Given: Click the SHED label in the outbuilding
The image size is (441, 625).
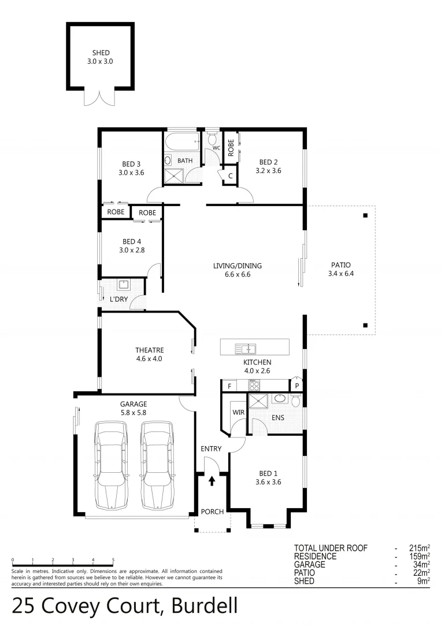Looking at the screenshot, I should coord(101,53).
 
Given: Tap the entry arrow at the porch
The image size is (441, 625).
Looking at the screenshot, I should coord(212,480).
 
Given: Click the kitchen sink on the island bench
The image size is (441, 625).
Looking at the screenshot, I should coord(246,348).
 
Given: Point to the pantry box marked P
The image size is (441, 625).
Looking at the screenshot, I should coord(297,385).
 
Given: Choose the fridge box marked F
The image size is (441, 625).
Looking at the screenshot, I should coord(229,385).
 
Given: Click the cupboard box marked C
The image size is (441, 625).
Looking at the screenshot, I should coord(230,176).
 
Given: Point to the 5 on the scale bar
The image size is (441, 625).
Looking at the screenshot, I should coord(113,560).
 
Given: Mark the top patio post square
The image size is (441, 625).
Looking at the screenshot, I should coord(365,216).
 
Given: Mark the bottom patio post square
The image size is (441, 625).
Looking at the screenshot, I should coord(365,325).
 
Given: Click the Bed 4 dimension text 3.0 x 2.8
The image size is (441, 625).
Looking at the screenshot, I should coord(132,250).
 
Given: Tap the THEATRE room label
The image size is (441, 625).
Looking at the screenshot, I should coord(150,350).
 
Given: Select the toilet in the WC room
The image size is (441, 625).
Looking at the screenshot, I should coord(212,139).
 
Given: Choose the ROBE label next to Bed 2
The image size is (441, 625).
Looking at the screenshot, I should coord(230,147).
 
